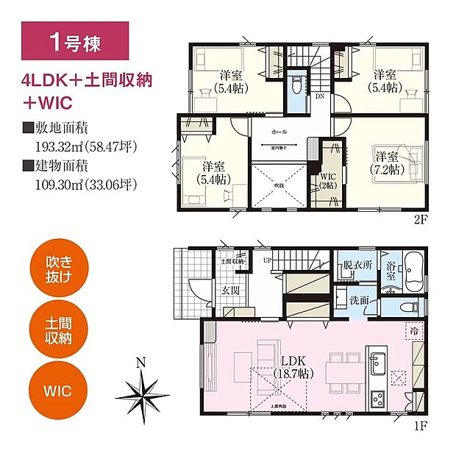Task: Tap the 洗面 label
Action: point(360,299)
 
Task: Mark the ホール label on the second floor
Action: point(279,133)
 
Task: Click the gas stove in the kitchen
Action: point(377,400)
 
